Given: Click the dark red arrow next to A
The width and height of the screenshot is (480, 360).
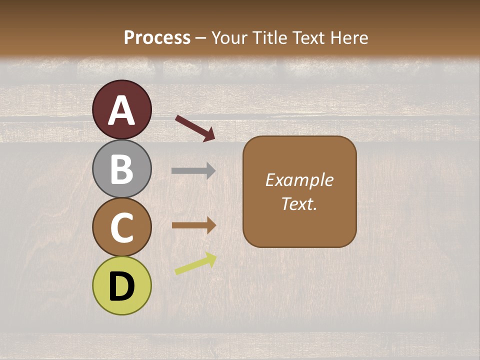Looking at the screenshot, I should coord(195,127).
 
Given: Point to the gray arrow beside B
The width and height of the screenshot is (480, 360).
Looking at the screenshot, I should coord(193,170).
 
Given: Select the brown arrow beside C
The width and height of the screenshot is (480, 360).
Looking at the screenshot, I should coord(194,225).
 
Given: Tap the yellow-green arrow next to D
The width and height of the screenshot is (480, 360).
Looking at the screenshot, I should coord(195,263).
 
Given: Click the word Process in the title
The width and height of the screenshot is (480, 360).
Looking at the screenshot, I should coord(157,37).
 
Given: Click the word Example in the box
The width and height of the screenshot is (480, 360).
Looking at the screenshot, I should coord(299,180).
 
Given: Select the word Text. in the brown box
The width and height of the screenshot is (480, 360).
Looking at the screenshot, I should coord(299,203).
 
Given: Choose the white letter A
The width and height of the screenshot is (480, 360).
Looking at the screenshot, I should coord(122,110).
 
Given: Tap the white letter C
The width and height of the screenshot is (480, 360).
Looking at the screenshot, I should coord(122,227).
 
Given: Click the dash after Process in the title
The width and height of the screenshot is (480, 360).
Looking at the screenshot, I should coord(201,38).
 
